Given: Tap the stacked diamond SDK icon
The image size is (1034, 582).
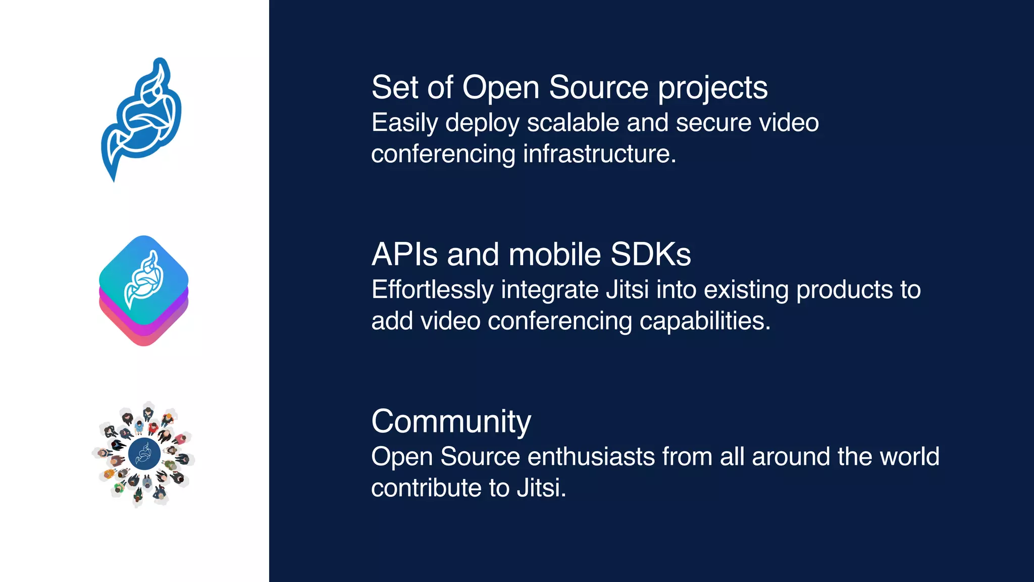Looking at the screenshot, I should [144, 290].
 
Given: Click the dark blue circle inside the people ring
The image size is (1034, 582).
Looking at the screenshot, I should [144, 454].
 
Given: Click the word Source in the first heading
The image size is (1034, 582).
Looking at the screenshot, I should [598, 87].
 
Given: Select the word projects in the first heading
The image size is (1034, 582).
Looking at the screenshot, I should [712, 88].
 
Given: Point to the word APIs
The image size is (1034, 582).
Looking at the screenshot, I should [404, 254].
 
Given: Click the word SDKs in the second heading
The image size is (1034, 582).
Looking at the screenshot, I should [650, 254].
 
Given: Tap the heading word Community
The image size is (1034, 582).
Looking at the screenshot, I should [451, 421].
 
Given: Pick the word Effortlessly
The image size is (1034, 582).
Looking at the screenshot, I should [432, 290].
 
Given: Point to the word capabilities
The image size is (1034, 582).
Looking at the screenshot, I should [705, 321].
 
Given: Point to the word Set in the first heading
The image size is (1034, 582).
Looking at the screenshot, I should [395, 87].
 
